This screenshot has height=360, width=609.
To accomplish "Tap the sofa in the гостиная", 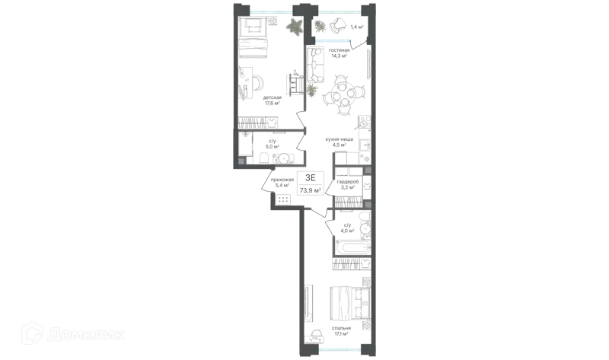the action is [316, 65].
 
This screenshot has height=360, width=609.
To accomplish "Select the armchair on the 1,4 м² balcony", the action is [336, 26].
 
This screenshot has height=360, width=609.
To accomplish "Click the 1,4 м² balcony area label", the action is [357, 27].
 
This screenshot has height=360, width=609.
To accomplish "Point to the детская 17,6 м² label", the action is [273, 100].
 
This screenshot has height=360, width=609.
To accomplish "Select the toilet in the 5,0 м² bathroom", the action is [263, 158].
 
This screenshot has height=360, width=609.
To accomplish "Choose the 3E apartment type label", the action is [311, 178].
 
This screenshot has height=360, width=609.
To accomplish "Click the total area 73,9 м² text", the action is [311, 190].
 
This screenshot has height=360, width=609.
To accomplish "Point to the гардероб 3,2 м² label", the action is [348, 184].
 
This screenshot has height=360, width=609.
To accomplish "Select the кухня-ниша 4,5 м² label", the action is [339, 142].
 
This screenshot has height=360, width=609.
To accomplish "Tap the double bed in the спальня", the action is [350, 304].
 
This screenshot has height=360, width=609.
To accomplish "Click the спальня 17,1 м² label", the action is [341, 330].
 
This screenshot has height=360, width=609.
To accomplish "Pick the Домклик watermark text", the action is [86, 334].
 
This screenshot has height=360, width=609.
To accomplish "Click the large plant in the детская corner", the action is [295, 27].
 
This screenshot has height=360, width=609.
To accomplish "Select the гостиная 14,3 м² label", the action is [339, 53].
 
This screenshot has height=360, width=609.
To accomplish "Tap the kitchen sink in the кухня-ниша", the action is [365, 145].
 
